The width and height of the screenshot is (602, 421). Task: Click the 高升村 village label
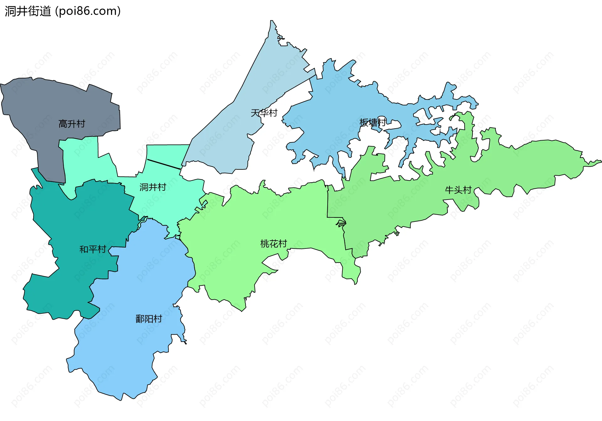coord(72,124)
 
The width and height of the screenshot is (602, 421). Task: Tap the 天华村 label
coord(264,113)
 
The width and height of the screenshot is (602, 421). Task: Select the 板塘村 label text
coord(373,122)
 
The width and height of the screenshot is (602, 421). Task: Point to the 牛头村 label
coord(458,190)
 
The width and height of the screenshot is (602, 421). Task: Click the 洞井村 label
coord(153,187)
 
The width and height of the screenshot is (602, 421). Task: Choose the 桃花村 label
coord(273,244)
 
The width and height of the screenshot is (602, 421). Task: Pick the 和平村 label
coord(93,249)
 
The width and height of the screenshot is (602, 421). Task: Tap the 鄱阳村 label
coord(149,319)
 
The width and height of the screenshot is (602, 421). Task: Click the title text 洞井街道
coord(28,11)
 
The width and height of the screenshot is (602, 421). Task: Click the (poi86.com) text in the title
coord(88,11)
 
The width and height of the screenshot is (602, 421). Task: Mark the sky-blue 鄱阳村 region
coord(125,354)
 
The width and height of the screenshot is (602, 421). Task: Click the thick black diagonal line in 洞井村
coord(164,164)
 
